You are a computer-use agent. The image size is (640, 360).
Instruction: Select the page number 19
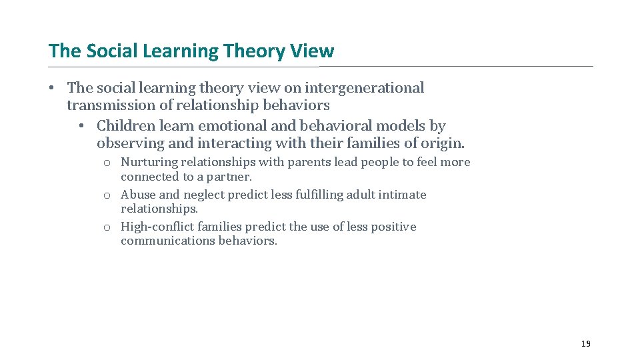585,343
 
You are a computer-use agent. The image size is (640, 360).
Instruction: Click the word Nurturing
149,162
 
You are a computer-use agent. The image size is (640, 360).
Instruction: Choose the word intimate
403,195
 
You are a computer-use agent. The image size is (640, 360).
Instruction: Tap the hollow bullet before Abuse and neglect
107,195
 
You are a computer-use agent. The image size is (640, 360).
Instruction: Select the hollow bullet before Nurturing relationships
107,163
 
